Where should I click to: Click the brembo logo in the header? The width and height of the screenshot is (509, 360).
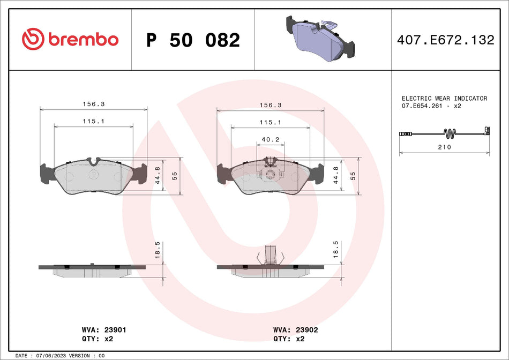point(70,39)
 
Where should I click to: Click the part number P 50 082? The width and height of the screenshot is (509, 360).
point(193,40)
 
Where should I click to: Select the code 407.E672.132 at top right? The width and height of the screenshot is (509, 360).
point(445,40)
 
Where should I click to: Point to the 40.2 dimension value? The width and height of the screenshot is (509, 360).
point(270,139)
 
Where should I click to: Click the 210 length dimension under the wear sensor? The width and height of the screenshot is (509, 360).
point(444,147)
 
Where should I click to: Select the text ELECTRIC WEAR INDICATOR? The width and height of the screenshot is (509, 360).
point(444,99)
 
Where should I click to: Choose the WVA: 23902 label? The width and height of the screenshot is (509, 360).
point(295,331)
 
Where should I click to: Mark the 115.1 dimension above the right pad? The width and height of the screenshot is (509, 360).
point(270,123)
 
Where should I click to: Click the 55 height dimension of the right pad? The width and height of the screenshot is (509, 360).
point(353,176)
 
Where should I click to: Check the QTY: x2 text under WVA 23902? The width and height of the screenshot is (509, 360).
point(290,339)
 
